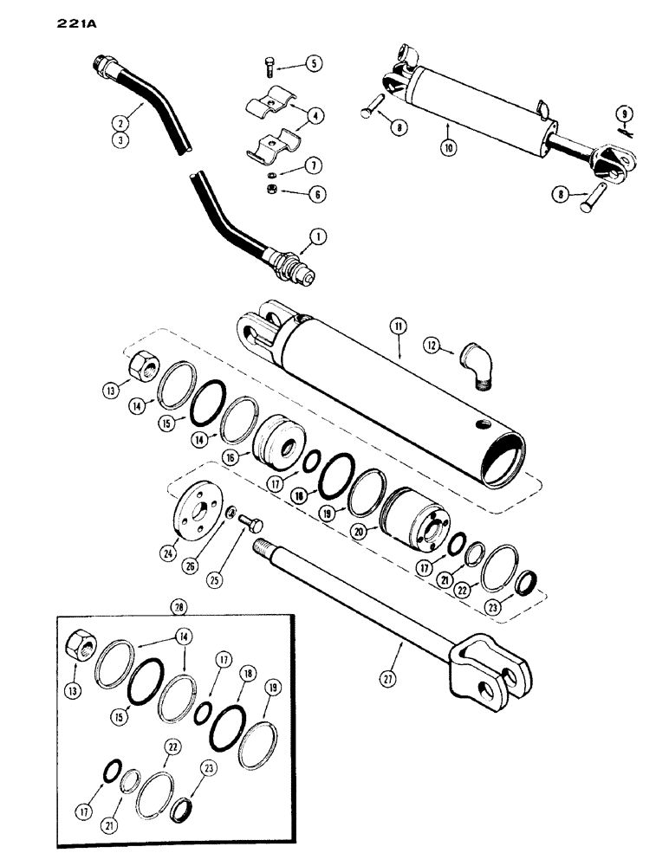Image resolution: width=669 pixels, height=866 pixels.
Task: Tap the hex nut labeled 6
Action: coord(270,195)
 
